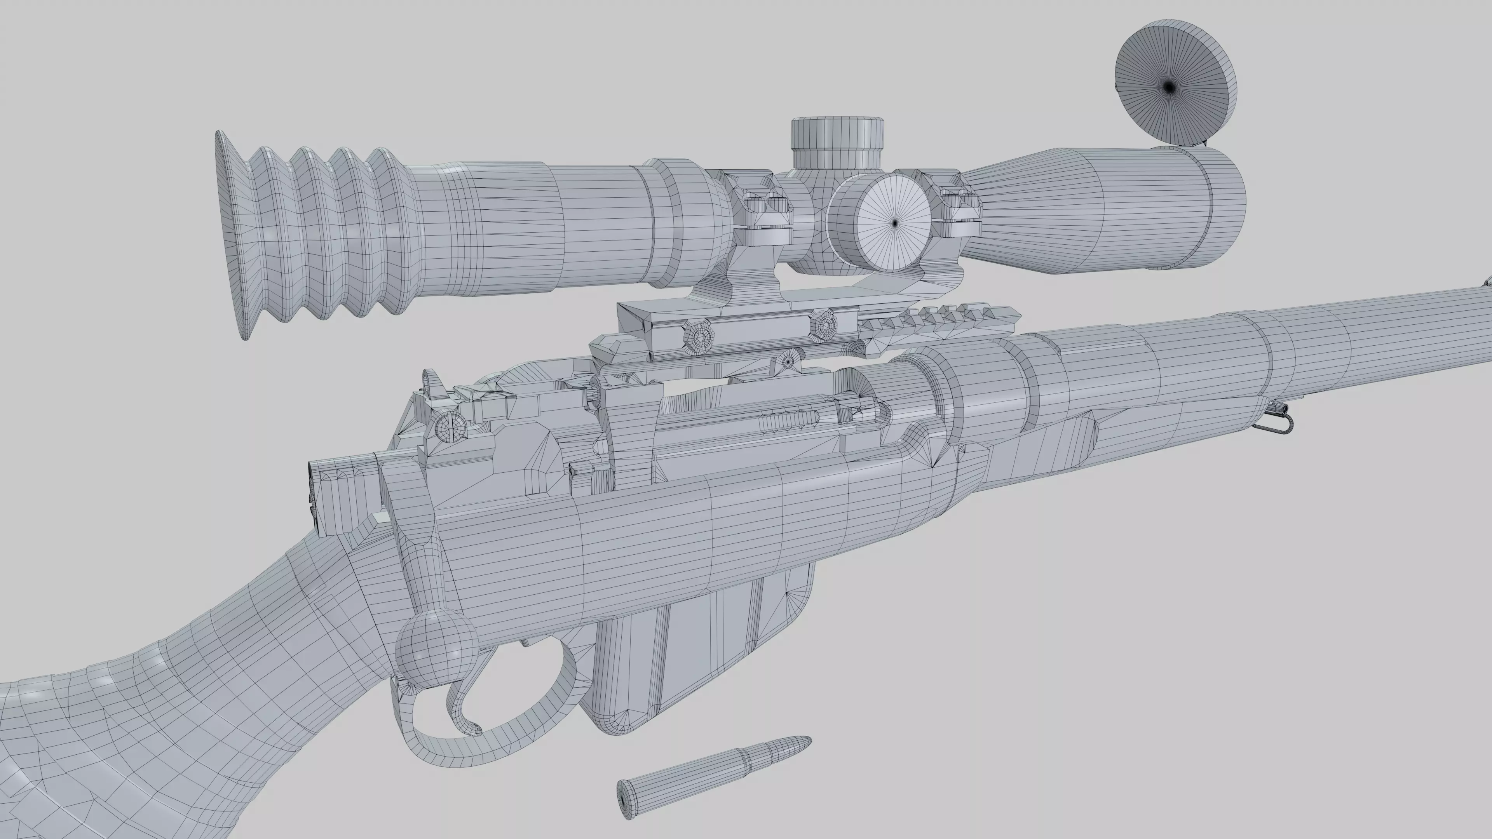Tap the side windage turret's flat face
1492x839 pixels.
pyautogui.click(x=894, y=223)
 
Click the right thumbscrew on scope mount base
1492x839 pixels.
pyautogui.click(x=823, y=324)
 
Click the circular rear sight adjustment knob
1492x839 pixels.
pyautogui.click(x=451, y=428)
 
